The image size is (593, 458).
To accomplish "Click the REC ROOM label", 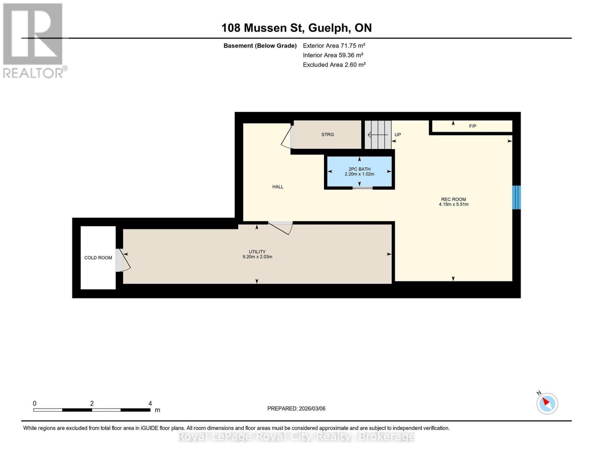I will click(x=453, y=199).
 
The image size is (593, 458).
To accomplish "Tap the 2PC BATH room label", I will click(x=359, y=169).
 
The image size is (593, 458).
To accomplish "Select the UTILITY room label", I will click(x=257, y=252).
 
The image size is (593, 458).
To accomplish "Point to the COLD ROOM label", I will click(x=98, y=258).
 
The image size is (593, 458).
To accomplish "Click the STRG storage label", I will click(x=327, y=135).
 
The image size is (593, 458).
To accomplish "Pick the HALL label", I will click(x=277, y=187).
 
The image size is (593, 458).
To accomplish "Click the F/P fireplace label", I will click(x=472, y=126).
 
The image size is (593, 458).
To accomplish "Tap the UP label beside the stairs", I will click(x=398, y=135).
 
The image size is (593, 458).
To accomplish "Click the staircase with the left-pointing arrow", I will click(x=378, y=135).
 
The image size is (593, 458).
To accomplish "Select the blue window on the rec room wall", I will click(x=516, y=197).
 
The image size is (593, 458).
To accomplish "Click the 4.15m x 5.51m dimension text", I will click(x=453, y=205).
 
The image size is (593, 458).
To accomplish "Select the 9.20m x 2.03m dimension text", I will click(x=257, y=257).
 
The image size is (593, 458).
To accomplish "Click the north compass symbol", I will click(x=547, y=403).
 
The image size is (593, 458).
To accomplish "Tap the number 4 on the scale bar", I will click(x=150, y=403).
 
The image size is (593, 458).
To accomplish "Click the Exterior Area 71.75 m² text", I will click(x=334, y=45).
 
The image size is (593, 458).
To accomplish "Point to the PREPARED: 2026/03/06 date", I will click(x=296, y=409).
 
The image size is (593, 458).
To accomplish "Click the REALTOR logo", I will click(x=34, y=40).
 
